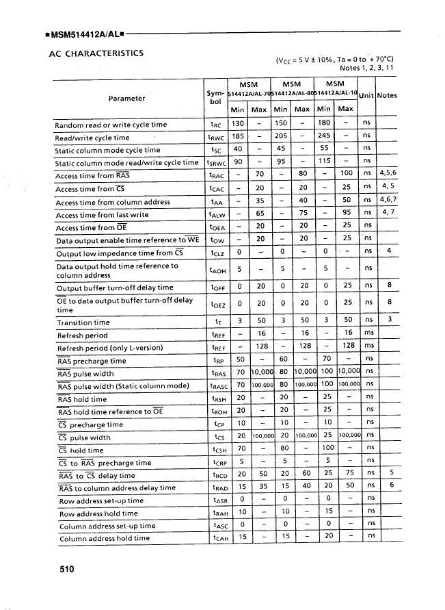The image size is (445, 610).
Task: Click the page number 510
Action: (x=66, y=568)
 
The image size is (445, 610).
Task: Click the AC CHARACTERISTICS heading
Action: (x=96, y=53)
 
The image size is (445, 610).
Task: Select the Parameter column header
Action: (x=126, y=98)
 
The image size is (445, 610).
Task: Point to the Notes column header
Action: (x=387, y=95)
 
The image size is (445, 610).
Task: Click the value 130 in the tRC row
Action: (x=238, y=125)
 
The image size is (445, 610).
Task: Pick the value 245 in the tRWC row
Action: (x=324, y=137)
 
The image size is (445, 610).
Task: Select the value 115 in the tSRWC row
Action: (x=324, y=162)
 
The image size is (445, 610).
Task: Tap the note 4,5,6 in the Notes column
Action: (x=388, y=175)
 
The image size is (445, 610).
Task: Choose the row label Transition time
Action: (x=83, y=322)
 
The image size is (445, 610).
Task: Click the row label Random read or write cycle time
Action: (x=111, y=125)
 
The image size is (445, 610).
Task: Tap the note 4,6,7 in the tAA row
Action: (x=388, y=201)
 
